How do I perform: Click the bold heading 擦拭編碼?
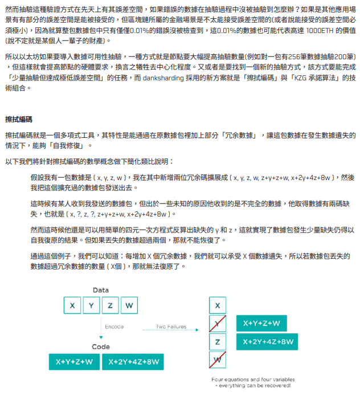(19, 120)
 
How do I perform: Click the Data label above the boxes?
(101, 290)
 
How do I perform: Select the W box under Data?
(129, 305)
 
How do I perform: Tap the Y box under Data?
(91, 305)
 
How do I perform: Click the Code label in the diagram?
(101, 346)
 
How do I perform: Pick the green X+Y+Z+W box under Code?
(74, 362)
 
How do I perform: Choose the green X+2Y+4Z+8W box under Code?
(134, 362)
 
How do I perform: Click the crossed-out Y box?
(217, 324)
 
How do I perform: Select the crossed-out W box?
(217, 360)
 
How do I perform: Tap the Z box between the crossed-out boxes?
(217, 342)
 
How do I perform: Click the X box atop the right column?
(217, 305)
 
